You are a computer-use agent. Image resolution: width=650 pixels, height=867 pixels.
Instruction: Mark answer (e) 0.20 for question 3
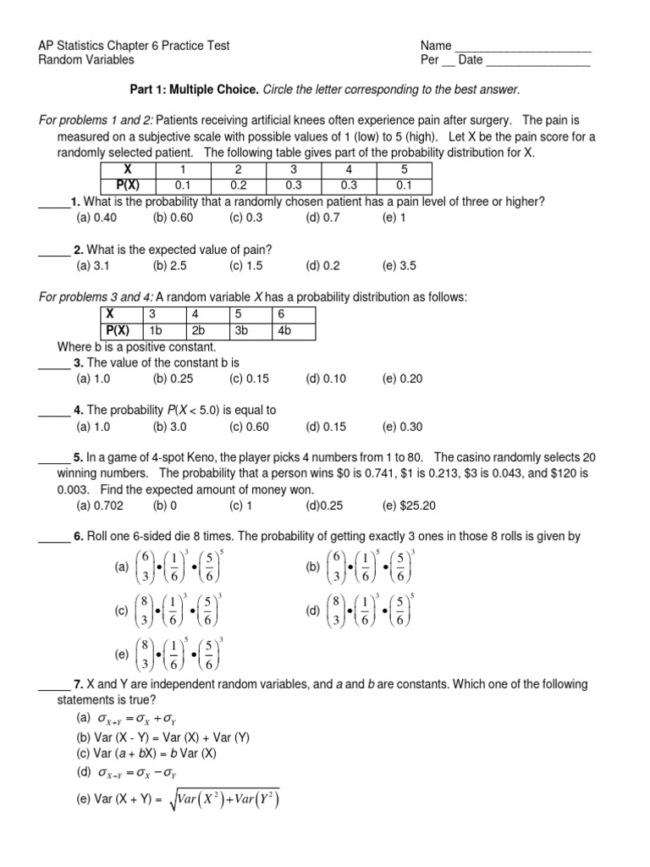pos(402,378)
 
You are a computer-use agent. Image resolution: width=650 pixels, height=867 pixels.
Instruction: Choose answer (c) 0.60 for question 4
pos(248,427)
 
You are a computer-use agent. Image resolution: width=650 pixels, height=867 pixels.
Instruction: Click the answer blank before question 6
pos(53,538)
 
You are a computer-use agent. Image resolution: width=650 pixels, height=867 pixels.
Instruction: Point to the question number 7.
pos(77,683)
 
